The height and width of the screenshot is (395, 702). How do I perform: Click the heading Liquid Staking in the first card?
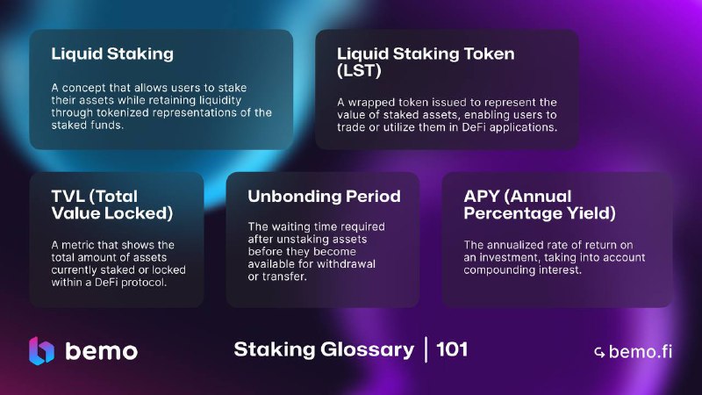coord(112,54)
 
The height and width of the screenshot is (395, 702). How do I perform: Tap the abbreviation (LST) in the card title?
coord(359,70)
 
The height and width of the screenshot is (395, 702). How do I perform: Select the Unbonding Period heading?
coord(324,196)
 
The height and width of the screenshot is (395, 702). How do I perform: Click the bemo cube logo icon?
coord(41,350)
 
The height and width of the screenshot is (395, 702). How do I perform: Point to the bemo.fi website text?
coord(641,352)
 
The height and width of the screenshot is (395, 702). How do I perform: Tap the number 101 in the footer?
coord(452,349)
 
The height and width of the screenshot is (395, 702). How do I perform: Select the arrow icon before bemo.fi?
coord(599,353)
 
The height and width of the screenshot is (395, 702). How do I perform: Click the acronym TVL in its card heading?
coord(68,196)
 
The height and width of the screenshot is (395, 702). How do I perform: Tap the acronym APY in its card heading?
coord(482,196)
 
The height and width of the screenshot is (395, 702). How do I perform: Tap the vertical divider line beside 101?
coord(426,349)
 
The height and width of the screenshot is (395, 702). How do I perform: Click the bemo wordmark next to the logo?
coord(102,351)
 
